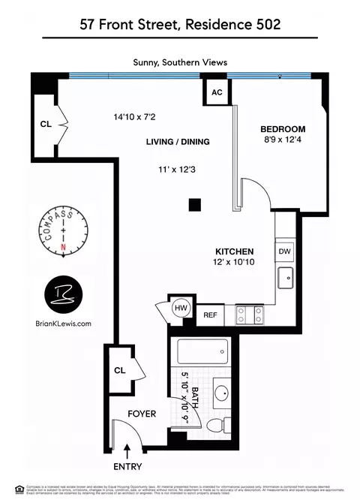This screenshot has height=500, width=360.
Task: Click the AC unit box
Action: (217, 92)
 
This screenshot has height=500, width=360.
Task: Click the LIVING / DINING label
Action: (178, 141)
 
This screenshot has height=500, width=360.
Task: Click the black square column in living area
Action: (195, 203)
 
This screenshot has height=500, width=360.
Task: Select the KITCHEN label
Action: (235, 251)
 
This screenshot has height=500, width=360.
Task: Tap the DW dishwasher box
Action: (285, 252)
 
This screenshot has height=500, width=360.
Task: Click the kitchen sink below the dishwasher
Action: (285, 279)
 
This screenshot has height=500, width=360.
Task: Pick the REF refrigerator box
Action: (210, 315)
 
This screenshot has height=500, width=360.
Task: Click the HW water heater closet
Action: (180, 307)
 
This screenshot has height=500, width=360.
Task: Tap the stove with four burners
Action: (250, 315)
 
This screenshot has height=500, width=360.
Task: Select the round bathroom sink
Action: (223, 393)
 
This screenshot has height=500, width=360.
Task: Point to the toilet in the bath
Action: (216, 426)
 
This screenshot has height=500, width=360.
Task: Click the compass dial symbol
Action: (64, 232)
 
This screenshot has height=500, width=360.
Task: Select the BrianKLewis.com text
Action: (63, 324)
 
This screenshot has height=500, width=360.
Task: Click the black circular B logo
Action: (63, 295)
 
